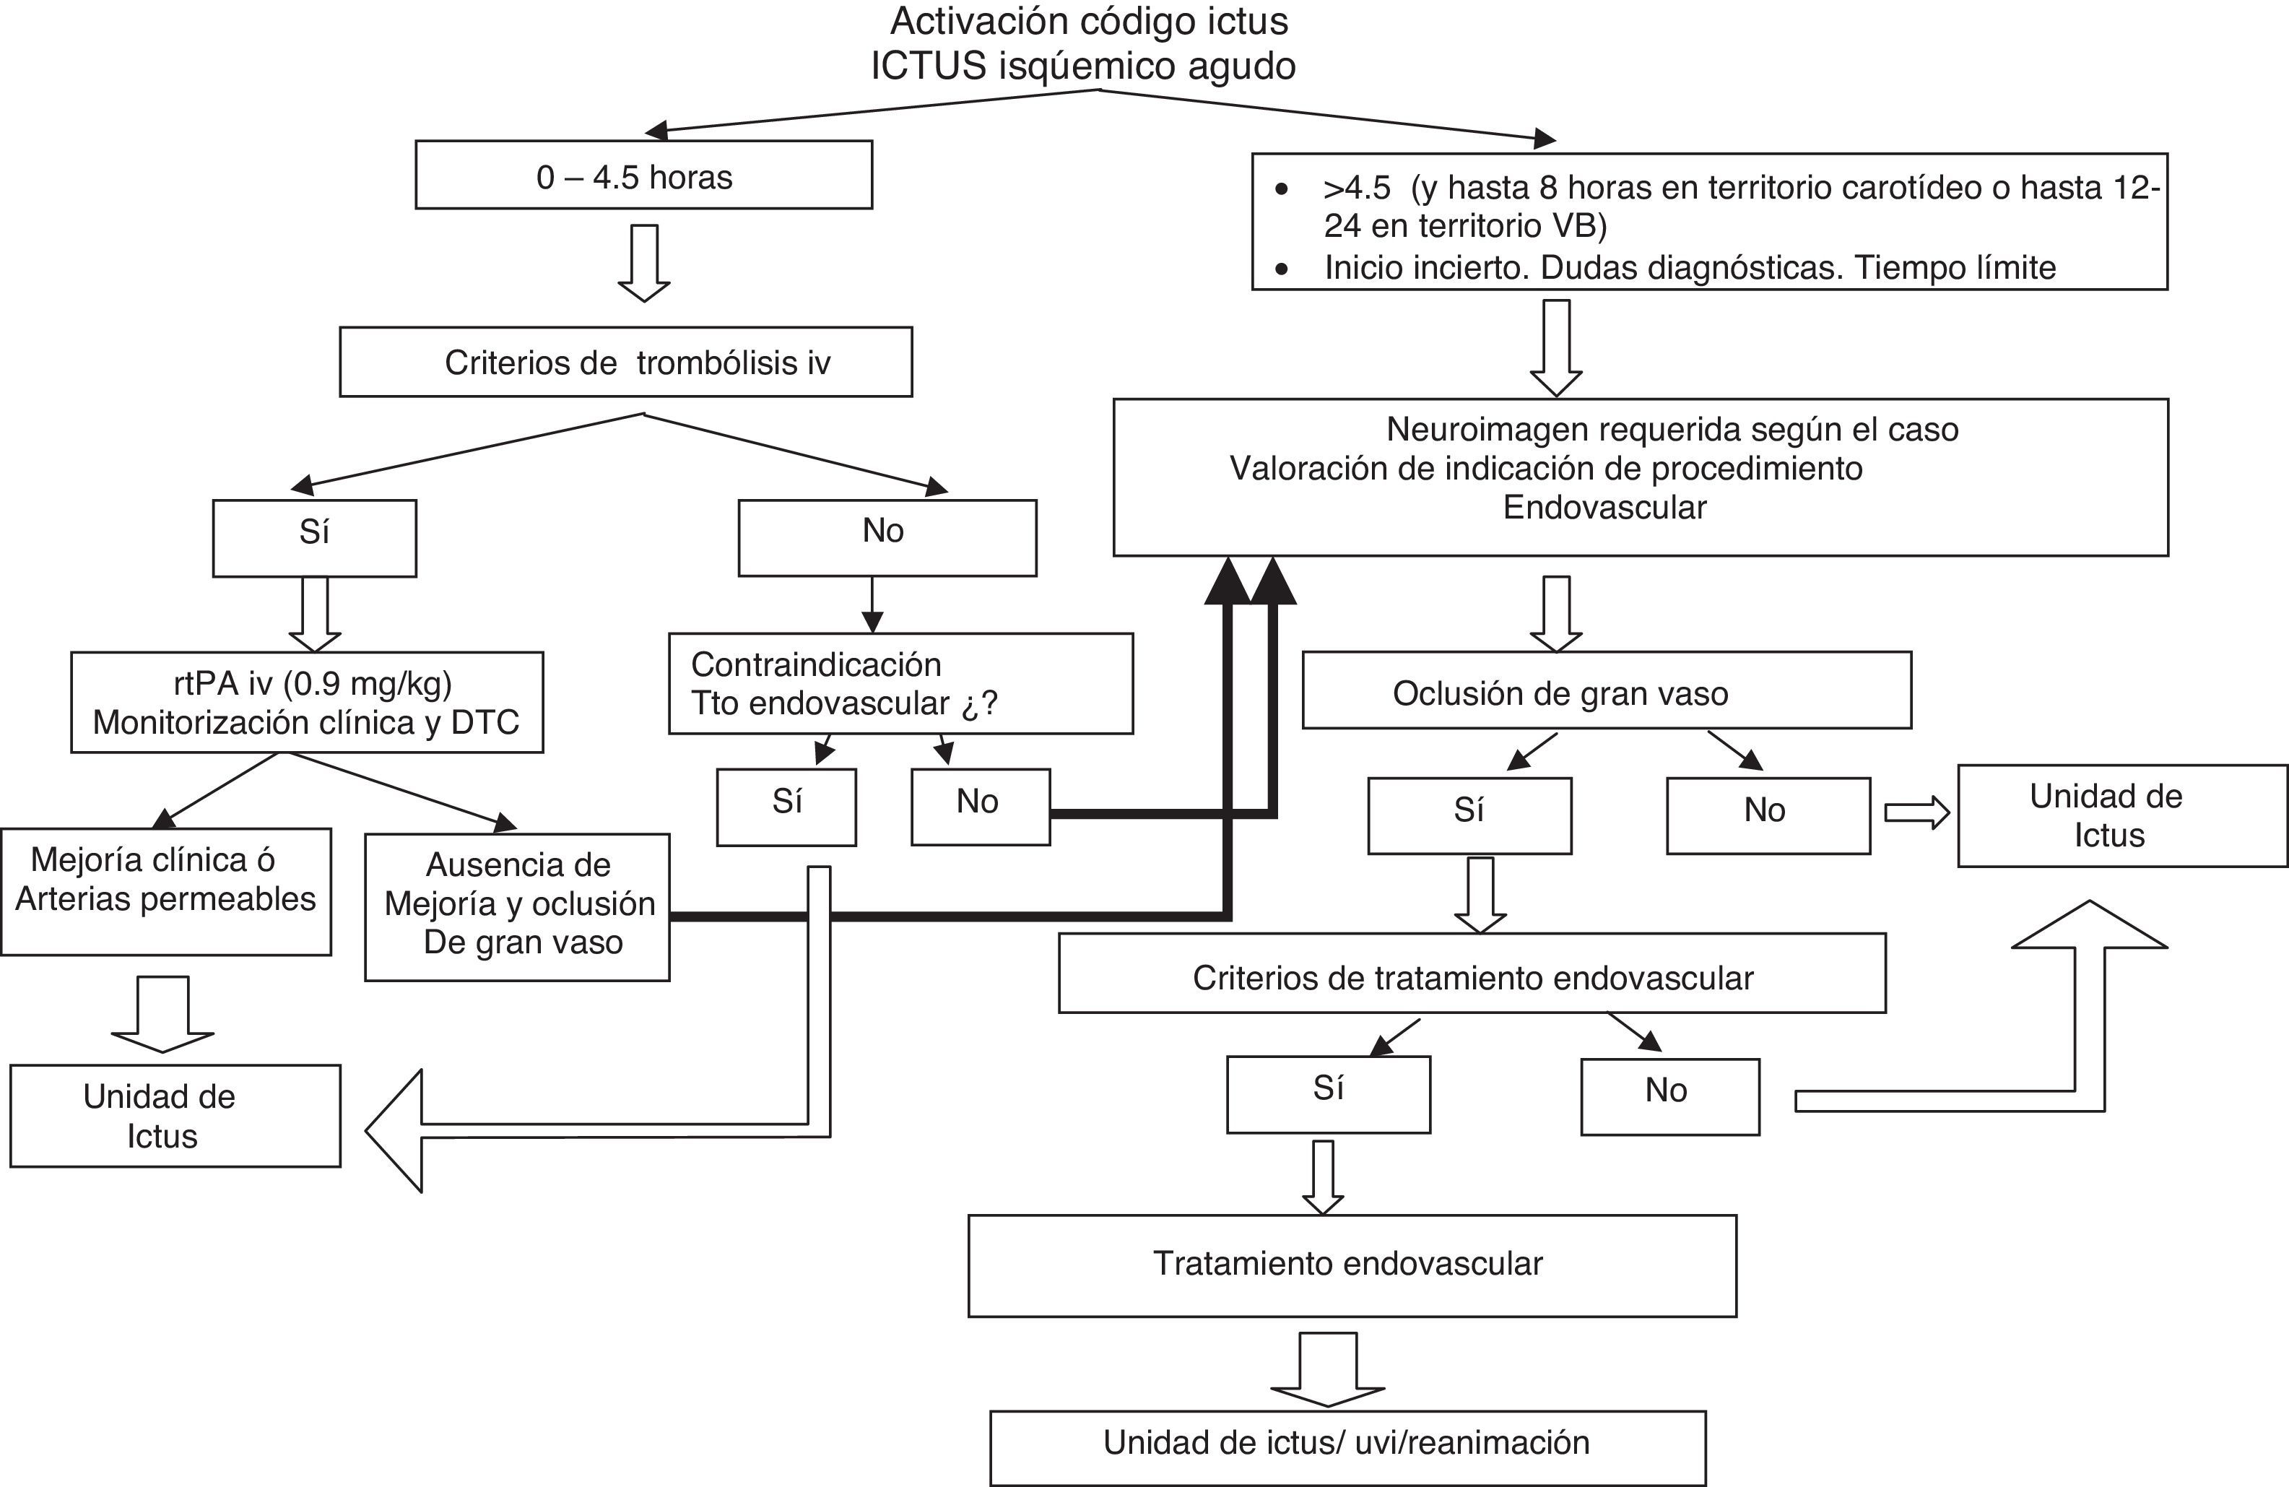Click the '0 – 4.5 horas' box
point(643,175)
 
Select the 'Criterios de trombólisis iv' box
point(626,362)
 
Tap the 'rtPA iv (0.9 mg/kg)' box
point(307,702)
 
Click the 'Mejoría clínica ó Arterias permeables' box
point(166,892)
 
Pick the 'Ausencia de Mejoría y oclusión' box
point(518,906)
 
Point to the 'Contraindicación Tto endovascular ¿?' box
point(900,684)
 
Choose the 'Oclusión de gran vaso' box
point(1606,690)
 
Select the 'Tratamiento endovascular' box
point(1351,1265)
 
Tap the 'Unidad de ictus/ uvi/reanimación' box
point(1347,1447)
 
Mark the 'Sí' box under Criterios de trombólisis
point(315,537)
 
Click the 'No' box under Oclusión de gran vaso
point(1768,815)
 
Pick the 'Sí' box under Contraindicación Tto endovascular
point(786,807)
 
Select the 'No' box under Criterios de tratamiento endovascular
point(1669,1096)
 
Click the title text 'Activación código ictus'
point(1089,21)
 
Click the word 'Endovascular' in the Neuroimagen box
point(1604,508)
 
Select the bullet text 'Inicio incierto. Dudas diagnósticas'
point(1689,267)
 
